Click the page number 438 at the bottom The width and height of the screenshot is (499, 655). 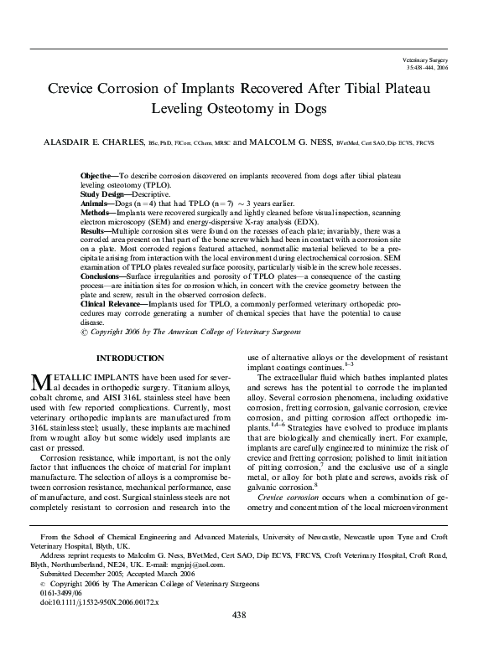(x=249, y=638)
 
